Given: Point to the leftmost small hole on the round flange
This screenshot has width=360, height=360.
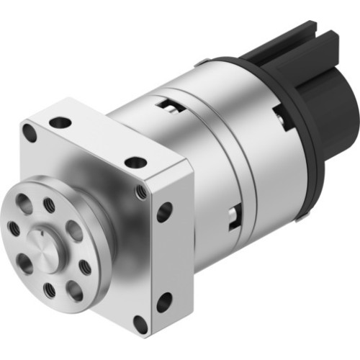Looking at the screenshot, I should coord(14,228).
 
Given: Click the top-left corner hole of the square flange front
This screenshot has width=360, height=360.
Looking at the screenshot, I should coord(29,132).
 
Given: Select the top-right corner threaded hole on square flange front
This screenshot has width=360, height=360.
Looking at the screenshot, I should coord(142,192).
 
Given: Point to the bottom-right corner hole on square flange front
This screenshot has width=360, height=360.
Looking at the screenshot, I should coord(141,324).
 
